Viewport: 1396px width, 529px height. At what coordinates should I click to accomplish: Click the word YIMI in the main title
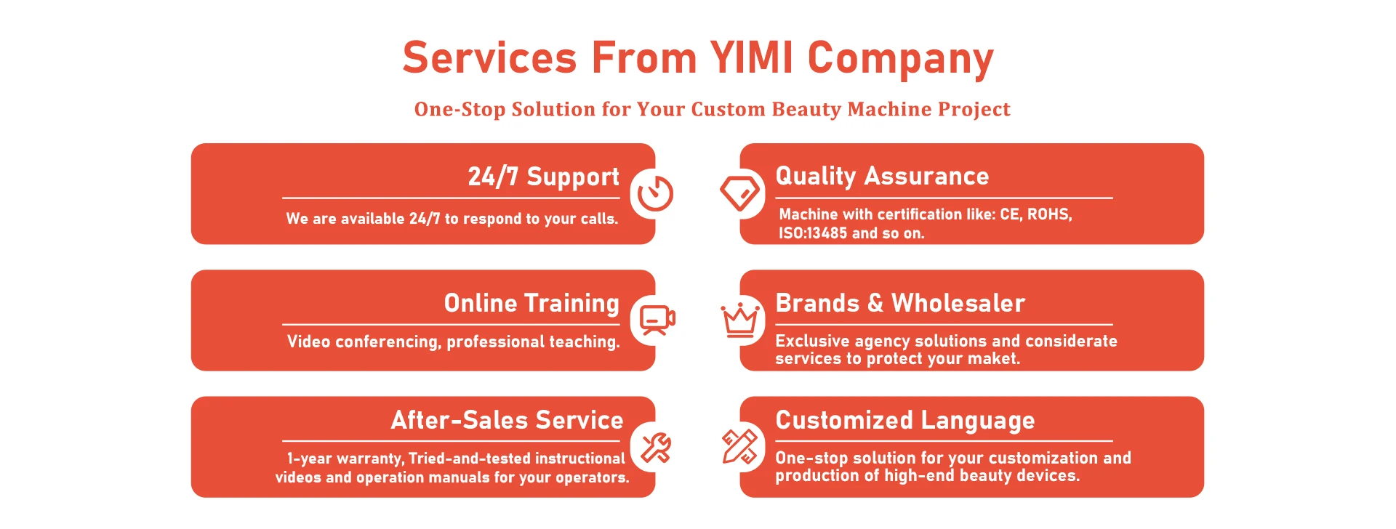pyautogui.click(x=751, y=57)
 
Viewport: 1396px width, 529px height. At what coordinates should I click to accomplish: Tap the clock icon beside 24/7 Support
pyautogui.click(x=655, y=194)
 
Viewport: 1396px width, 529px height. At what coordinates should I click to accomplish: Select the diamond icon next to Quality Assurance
pyautogui.click(x=739, y=193)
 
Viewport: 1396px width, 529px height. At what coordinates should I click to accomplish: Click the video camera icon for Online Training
pyautogui.click(x=657, y=320)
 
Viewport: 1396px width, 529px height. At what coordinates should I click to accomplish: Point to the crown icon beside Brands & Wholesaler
pyautogui.click(x=740, y=320)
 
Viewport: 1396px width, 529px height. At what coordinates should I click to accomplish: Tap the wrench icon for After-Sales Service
pyautogui.click(x=656, y=448)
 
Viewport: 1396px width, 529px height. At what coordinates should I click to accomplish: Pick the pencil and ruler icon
pyautogui.click(x=739, y=446)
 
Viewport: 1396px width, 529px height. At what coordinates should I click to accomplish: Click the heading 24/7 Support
pyautogui.click(x=543, y=177)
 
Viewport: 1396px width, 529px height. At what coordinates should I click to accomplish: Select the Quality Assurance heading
pyautogui.click(x=882, y=177)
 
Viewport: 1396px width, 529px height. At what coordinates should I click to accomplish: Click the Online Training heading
pyautogui.click(x=531, y=303)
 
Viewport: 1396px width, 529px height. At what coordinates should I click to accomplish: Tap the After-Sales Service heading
pyautogui.click(x=507, y=420)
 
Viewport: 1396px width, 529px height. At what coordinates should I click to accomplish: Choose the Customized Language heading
pyautogui.click(x=905, y=421)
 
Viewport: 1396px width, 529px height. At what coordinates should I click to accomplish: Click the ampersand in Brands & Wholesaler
pyautogui.click(x=875, y=303)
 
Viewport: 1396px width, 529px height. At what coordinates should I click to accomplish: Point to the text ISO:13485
pyautogui.click(x=813, y=233)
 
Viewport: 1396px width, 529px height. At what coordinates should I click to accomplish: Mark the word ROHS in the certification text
pyautogui.click(x=1049, y=214)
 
